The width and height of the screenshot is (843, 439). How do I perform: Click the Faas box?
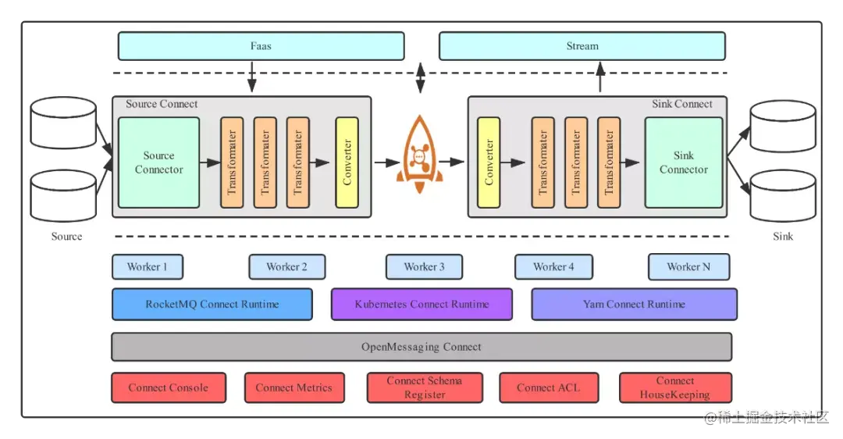click(261, 46)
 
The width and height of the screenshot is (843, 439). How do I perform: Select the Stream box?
click(582, 46)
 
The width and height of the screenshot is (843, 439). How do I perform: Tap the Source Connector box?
click(158, 162)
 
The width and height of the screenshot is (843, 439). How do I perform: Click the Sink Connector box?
click(683, 162)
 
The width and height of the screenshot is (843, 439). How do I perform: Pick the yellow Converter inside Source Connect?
click(347, 162)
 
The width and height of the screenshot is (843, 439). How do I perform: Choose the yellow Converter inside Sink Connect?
click(488, 162)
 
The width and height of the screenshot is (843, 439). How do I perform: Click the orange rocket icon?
click(419, 155)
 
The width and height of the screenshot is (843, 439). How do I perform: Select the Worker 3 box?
click(424, 267)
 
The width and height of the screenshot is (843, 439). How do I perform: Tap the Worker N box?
click(688, 267)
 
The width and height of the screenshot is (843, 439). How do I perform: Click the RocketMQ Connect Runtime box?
click(212, 305)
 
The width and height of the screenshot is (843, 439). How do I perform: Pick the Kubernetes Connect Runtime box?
click(421, 305)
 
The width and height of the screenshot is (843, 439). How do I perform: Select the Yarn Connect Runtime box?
click(634, 305)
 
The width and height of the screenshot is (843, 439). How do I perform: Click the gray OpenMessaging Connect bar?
click(421, 347)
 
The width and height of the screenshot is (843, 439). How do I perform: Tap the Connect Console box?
click(169, 388)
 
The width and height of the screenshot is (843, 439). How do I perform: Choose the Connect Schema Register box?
click(425, 388)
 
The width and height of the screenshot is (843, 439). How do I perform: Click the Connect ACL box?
click(549, 388)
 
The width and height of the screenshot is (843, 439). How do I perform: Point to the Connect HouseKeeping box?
click(675, 388)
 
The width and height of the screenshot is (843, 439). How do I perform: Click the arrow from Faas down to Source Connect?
click(251, 77)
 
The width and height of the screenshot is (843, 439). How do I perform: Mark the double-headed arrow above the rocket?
click(421, 77)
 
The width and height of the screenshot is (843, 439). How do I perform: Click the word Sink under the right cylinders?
click(783, 236)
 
